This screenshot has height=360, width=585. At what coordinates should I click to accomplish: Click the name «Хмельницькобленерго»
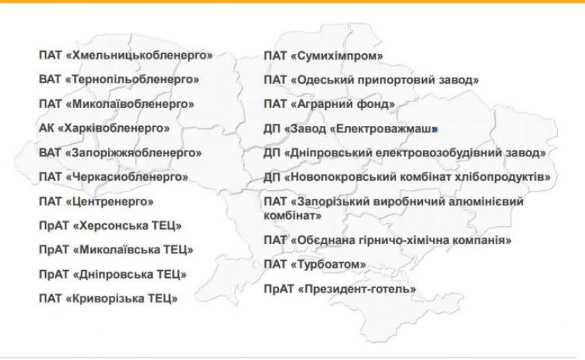[139, 55]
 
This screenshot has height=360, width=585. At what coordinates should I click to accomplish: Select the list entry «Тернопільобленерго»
[132, 79]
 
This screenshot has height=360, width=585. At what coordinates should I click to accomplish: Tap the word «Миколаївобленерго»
[130, 104]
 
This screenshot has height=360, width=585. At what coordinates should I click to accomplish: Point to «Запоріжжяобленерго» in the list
[133, 153]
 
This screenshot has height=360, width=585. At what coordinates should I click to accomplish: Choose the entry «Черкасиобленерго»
[127, 176]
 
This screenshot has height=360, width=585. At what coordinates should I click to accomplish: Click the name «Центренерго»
[110, 202]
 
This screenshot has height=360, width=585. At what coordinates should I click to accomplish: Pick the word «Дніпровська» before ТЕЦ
[112, 274]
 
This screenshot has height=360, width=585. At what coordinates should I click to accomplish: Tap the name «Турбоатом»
[328, 264]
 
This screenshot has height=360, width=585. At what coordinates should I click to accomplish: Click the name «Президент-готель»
[357, 289]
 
